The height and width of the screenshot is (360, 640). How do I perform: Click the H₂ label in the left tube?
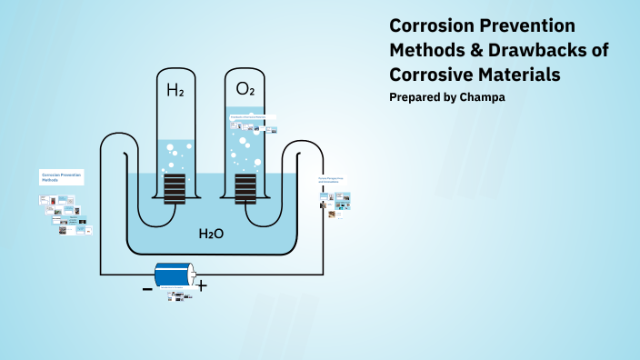[x=175, y=90]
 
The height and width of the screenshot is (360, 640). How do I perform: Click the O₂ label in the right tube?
[x=245, y=89]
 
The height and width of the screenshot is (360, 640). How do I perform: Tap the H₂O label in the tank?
[x=211, y=234]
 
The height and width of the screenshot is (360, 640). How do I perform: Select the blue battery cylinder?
[x=174, y=275]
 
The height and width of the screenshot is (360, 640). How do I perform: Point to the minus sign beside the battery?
[x=147, y=289]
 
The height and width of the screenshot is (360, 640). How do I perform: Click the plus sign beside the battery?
[x=202, y=286]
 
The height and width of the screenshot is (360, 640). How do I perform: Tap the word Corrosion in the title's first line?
[x=431, y=25]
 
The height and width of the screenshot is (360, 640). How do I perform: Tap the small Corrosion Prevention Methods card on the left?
[x=61, y=176]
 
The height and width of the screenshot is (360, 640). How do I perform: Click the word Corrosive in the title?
[x=432, y=73]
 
